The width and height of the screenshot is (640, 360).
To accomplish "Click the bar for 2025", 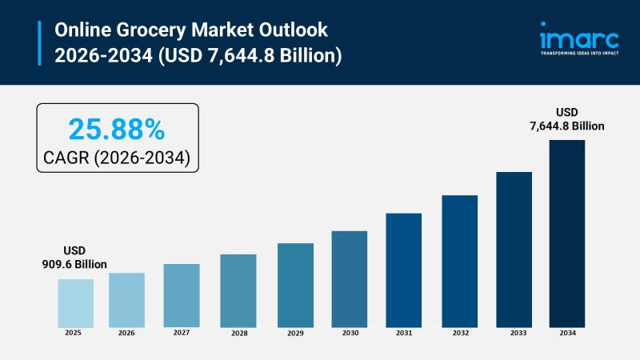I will tap(75, 302).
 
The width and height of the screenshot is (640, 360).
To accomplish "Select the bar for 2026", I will tap(126, 299).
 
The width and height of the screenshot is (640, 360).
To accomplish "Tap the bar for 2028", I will tap(238, 290).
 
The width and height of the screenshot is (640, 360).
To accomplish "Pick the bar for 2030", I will tap(349, 278).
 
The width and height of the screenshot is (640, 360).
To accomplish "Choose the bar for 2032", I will tap(459, 261).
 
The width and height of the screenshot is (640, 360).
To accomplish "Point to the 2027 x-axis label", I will tap(182, 333).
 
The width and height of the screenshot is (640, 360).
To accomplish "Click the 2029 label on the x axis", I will tap(294, 333).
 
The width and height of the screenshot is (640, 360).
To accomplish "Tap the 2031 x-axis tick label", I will tap(403, 333).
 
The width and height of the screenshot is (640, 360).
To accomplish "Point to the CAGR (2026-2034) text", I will tap(117, 157).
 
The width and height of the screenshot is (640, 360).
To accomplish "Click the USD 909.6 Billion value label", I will tap(74, 258).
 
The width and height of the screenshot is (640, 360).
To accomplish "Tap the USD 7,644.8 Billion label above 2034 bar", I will tap(566, 119).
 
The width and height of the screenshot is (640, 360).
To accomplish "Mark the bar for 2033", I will tap(514, 249).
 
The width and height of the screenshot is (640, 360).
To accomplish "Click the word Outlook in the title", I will tap(289, 30).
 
